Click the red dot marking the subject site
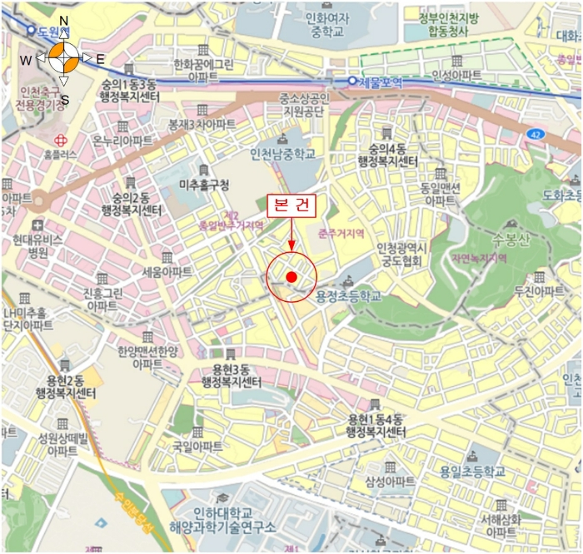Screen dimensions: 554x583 [291, 276]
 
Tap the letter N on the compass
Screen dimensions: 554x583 [64, 21]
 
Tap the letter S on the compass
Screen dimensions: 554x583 [64, 100]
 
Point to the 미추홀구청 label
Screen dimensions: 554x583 [203, 185]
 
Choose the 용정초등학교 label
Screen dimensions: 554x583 [349, 295]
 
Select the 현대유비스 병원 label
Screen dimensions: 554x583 [37, 245]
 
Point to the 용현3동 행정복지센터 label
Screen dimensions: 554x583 [232, 376]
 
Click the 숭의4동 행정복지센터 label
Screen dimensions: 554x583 [386, 155]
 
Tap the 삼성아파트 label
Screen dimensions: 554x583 [389, 482]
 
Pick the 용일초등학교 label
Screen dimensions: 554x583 [473, 472]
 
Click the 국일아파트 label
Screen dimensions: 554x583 [197, 447]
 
